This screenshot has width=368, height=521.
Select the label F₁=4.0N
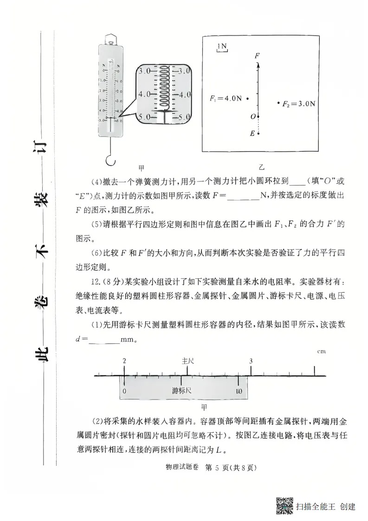pyautogui.click(x=226, y=98)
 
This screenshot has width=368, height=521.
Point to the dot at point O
pyautogui.click(x=258, y=116)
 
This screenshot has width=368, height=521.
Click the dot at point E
pyautogui.click(x=258, y=134)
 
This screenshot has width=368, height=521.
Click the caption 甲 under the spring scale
pyautogui.click(x=142, y=167)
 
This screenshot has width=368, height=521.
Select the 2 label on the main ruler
pyautogui.click(x=124, y=360)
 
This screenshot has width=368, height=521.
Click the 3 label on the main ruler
pyautogui.click(x=251, y=360)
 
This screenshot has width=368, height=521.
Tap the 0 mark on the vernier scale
pyautogui.click(x=124, y=391)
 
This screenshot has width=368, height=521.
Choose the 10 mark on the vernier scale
pyautogui.click(x=239, y=391)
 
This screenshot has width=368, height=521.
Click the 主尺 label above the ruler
pyautogui.click(x=187, y=360)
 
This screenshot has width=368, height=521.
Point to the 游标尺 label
pyautogui.click(x=181, y=390)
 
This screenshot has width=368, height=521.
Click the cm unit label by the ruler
pyautogui.click(x=321, y=351)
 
